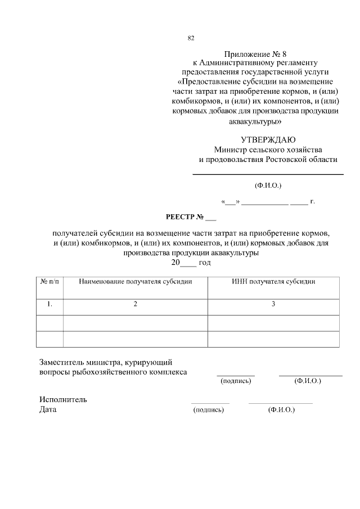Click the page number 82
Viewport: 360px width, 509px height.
click(x=191, y=38)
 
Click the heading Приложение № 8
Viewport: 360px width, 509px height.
click(x=255, y=55)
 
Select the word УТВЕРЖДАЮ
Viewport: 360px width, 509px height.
click(x=268, y=139)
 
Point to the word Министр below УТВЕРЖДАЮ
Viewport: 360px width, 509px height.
click(x=230, y=150)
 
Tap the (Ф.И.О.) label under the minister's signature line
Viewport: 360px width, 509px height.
click(x=268, y=185)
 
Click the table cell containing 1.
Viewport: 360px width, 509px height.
click(x=49, y=304)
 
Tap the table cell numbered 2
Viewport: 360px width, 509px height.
click(x=136, y=304)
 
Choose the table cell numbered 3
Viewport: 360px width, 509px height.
click(x=273, y=304)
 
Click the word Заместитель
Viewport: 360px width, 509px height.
click(x=62, y=362)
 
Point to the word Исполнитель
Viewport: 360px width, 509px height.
click(x=63, y=399)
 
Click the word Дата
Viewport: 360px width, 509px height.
click(x=48, y=409)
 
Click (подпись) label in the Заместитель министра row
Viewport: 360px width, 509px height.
click(x=236, y=381)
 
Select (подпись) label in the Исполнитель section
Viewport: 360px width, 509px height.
click(x=209, y=410)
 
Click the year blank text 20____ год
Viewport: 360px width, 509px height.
click(x=191, y=263)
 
